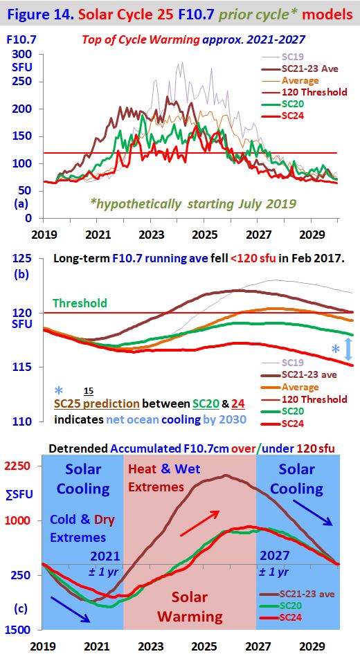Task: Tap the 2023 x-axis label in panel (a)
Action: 150,233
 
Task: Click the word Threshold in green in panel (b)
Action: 80,302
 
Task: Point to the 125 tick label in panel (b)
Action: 23,258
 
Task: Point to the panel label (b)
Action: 22,273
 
